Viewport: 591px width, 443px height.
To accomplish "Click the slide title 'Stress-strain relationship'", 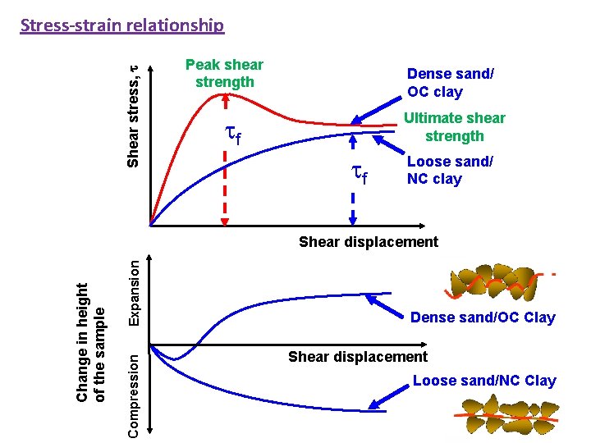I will [121, 25].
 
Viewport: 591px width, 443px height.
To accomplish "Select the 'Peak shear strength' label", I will [224, 73].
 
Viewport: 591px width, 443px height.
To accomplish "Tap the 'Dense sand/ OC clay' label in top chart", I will [450, 82].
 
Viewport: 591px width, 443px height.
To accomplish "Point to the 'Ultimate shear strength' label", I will [454, 127].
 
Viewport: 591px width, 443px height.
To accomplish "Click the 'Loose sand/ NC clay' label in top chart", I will [450, 171].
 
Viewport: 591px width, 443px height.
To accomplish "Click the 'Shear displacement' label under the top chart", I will [368, 242].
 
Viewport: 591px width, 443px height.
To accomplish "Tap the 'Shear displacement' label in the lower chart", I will [357, 356].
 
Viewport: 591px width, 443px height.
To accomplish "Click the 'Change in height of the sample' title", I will [90, 343].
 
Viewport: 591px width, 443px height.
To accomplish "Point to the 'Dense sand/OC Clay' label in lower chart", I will [483, 317].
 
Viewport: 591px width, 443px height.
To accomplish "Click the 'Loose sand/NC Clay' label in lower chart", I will [483, 381].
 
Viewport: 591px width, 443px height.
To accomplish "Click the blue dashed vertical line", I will [352, 197].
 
